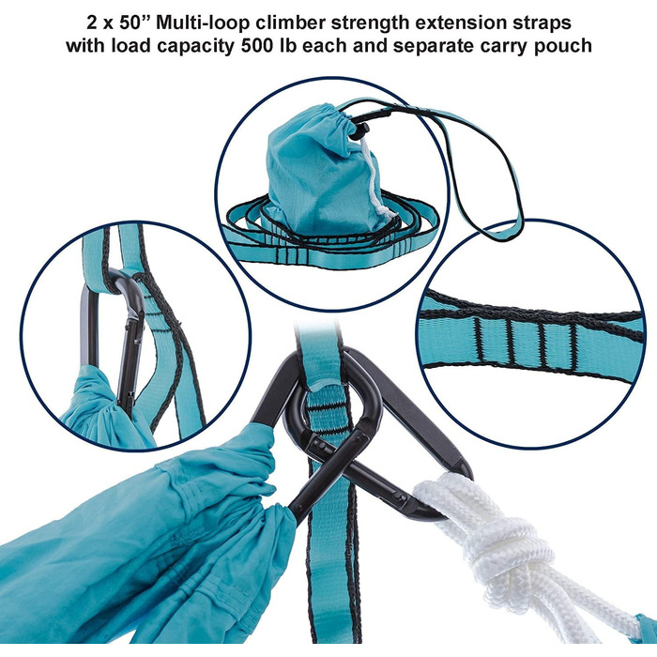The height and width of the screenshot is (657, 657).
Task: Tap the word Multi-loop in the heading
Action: coord(203,23)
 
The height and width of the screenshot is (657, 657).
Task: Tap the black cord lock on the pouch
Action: coord(359,131)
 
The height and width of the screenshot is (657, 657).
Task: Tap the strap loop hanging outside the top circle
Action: coord(490,176)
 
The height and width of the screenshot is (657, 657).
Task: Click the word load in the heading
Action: coord(130,45)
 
